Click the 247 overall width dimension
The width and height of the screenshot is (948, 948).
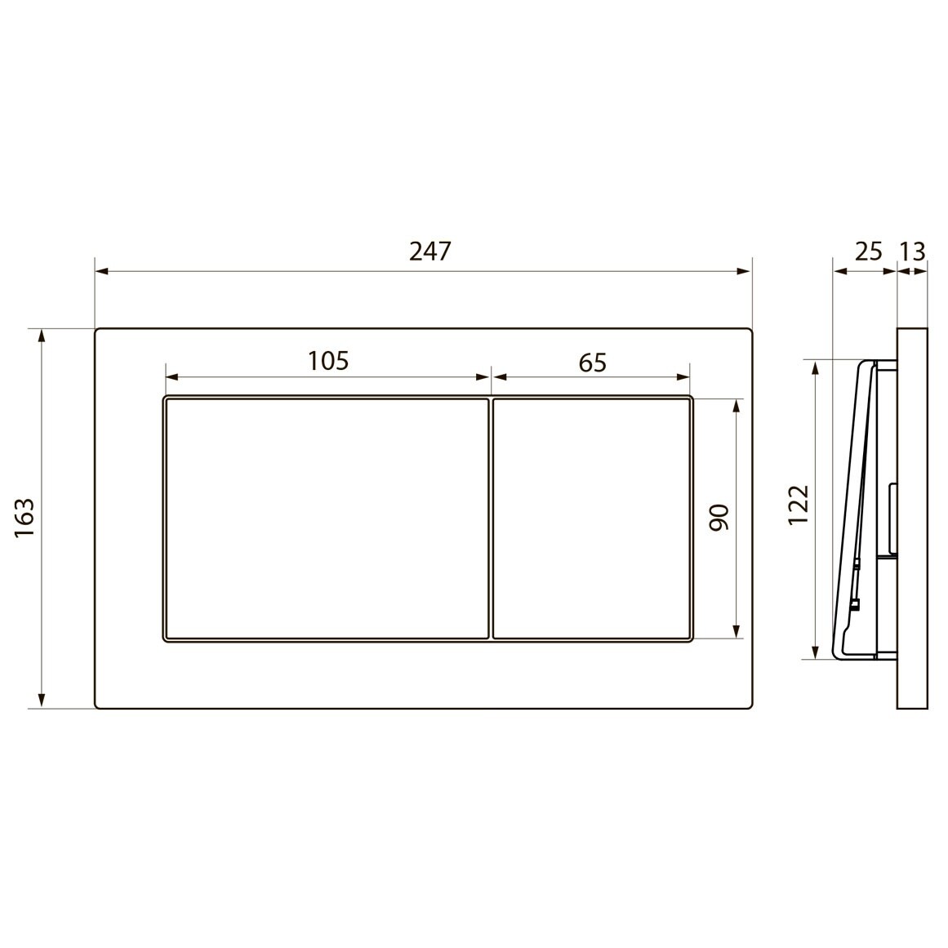[x=429, y=251]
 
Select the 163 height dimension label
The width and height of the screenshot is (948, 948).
[x=24, y=518]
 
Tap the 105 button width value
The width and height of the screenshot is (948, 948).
[x=327, y=360]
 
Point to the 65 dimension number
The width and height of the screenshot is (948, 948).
[x=593, y=362]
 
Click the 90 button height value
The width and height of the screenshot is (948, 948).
[x=718, y=518]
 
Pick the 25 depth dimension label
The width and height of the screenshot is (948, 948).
[x=868, y=251]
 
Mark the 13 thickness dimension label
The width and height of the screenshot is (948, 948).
[x=913, y=251]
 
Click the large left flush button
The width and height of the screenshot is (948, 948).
[x=327, y=518]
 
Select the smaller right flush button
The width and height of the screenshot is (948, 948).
[x=593, y=518]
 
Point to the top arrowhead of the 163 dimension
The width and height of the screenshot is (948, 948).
[x=42, y=336]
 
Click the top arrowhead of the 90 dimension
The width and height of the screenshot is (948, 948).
[x=737, y=406]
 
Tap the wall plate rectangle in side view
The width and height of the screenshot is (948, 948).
[x=913, y=518]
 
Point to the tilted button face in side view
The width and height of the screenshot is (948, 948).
[x=849, y=506]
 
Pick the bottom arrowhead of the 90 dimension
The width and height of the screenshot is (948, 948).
[x=737, y=631]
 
